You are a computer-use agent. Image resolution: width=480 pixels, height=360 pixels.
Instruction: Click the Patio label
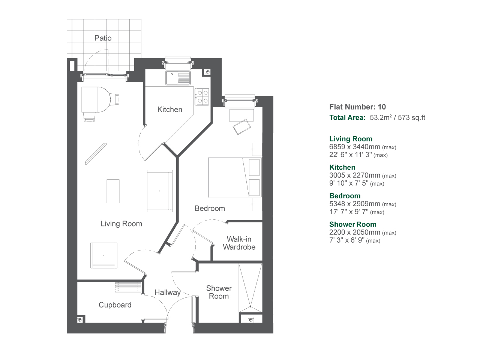103,38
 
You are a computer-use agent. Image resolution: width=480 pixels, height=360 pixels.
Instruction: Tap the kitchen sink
178,78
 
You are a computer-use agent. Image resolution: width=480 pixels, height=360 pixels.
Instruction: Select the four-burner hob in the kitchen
202,96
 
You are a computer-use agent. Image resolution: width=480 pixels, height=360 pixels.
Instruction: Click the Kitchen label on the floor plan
169,109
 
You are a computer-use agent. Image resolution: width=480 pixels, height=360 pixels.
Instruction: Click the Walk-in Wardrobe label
239,243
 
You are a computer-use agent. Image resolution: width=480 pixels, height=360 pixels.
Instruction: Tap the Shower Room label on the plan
219,292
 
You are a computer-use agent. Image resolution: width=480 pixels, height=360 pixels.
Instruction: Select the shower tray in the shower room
250,288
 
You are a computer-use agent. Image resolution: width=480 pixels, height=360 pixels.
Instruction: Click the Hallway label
167,292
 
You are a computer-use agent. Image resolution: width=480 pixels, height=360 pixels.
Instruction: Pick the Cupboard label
115,305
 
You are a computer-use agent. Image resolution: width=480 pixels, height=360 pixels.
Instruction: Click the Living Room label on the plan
121,224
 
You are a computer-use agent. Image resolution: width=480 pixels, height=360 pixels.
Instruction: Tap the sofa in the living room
160,191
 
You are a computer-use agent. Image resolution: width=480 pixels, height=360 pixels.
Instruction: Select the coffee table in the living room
113,191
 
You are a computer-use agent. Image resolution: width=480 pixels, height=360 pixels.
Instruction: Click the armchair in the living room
103,255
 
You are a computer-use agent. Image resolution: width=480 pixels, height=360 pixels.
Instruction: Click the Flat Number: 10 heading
357,107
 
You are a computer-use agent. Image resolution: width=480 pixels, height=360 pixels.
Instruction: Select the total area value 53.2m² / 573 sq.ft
397,118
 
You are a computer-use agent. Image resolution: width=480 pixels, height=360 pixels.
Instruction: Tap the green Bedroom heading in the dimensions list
345,196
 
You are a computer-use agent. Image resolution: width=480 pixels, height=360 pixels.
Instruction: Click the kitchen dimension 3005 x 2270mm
354,175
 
